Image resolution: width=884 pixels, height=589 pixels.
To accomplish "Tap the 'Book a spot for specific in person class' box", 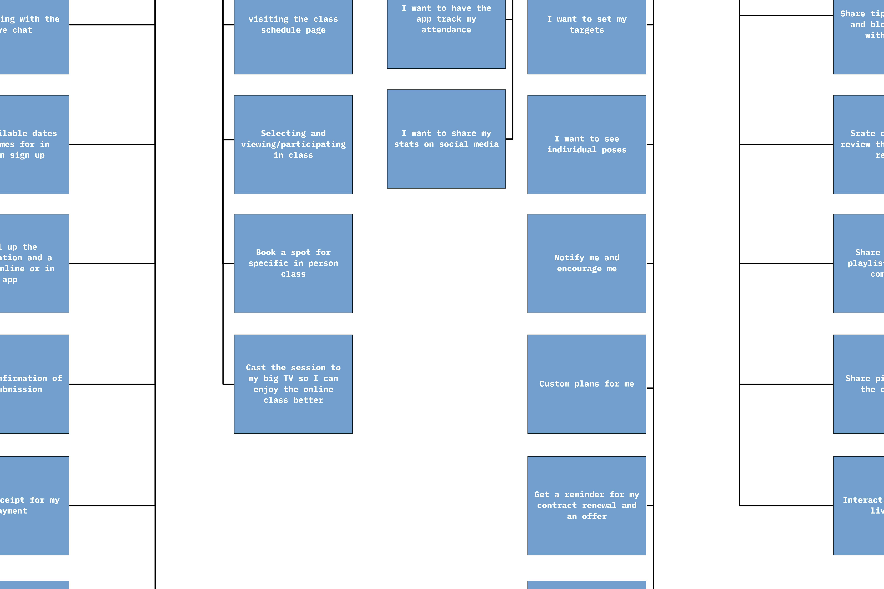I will (x=293, y=263).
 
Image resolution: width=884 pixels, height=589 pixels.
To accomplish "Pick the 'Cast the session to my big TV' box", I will (x=293, y=384).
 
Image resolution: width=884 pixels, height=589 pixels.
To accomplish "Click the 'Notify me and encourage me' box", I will (x=587, y=263).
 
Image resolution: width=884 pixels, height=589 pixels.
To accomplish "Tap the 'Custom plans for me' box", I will (x=587, y=384).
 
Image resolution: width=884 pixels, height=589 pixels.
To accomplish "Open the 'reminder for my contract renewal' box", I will (x=587, y=506).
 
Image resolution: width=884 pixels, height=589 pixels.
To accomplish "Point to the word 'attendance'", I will (x=446, y=30).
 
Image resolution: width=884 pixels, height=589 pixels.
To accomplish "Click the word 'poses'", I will (x=614, y=150).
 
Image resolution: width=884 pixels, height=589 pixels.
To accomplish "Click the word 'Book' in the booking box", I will (x=266, y=252).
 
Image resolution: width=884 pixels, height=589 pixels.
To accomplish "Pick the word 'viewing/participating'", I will (x=293, y=144).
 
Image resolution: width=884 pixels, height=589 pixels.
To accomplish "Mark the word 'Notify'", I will (x=569, y=258).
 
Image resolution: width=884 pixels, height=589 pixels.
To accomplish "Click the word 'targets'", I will (x=587, y=30).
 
